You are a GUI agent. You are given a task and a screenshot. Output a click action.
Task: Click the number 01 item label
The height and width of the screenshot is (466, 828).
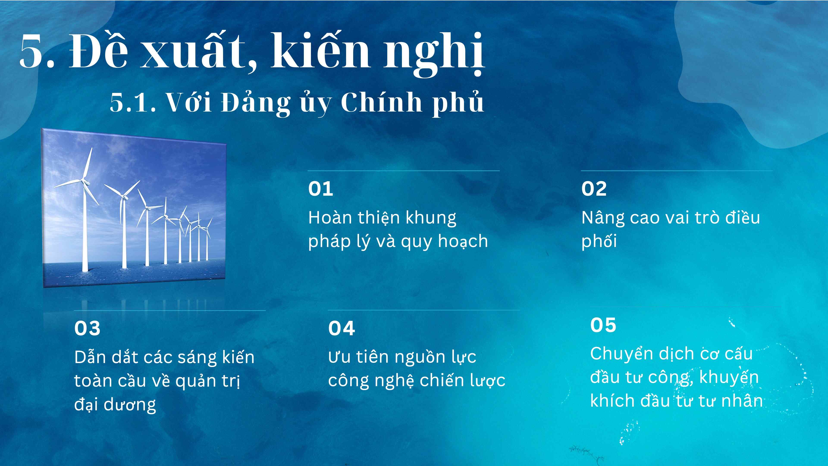[x=320, y=189]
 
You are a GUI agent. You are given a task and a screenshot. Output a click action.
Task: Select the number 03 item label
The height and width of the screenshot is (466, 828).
[x=87, y=328]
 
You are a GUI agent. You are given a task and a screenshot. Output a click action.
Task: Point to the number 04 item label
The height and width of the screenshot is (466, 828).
[x=341, y=328]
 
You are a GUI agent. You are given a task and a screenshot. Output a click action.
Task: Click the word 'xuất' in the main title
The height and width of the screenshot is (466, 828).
[x=193, y=52]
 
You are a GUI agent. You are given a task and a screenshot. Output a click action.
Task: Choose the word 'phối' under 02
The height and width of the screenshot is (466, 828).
[x=599, y=241]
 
